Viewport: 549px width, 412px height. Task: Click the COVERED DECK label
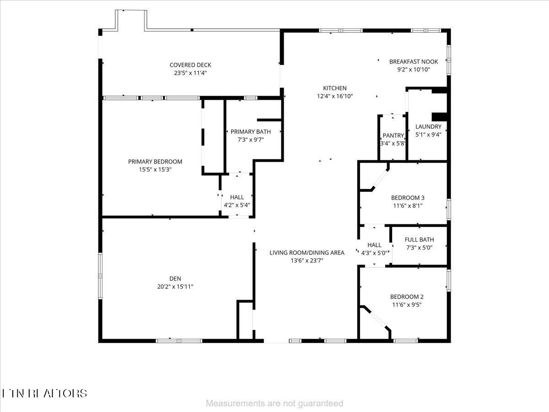click(x=190, y=65)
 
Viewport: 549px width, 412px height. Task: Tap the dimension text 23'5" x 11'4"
click(x=190, y=72)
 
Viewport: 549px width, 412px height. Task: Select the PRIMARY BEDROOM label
click(x=155, y=162)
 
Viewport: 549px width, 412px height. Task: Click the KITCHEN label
click(x=335, y=88)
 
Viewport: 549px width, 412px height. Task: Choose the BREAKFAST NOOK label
click(x=414, y=62)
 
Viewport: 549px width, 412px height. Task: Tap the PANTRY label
click(x=393, y=136)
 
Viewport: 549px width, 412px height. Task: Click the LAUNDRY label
click(x=428, y=127)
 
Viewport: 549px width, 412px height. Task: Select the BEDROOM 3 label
click(x=408, y=198)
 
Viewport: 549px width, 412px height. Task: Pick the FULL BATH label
click(x=420, y=239)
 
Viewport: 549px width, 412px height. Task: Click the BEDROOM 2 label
click(x=407, y=297)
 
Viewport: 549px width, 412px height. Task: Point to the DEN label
click(x=175, y=278)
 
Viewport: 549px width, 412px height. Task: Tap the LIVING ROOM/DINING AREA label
click(x=307, y=253)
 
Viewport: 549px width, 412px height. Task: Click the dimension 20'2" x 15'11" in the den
click(x=175, y=287)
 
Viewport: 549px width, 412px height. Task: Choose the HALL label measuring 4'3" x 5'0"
click(x=374, y=245)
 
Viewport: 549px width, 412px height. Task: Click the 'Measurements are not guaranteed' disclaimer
click(x=274, y=403)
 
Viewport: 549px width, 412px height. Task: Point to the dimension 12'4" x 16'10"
click(x=335, y=96)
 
